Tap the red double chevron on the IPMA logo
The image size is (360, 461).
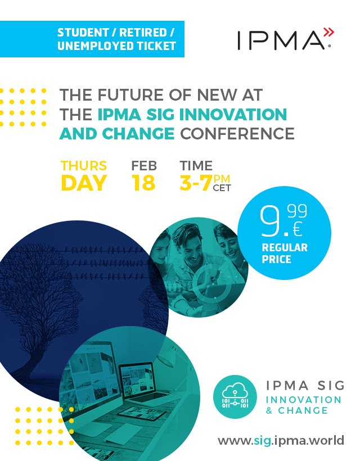coord(329,32)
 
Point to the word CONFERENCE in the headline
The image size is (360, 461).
coord(237,134)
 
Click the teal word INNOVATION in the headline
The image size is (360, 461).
coord(233,114)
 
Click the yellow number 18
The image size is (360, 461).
coord(143,183)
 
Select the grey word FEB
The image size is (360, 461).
coord(144,166)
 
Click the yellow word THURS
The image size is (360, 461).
coord(83,166)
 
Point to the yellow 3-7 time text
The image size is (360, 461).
coord(196,183)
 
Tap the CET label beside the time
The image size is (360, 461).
coord(222,188)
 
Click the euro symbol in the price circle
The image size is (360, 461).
coord(298,229)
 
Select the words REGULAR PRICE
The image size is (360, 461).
coord(285,253)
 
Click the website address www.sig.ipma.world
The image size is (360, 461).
coord(281,440)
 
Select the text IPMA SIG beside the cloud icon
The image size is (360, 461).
coord(305,386)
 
